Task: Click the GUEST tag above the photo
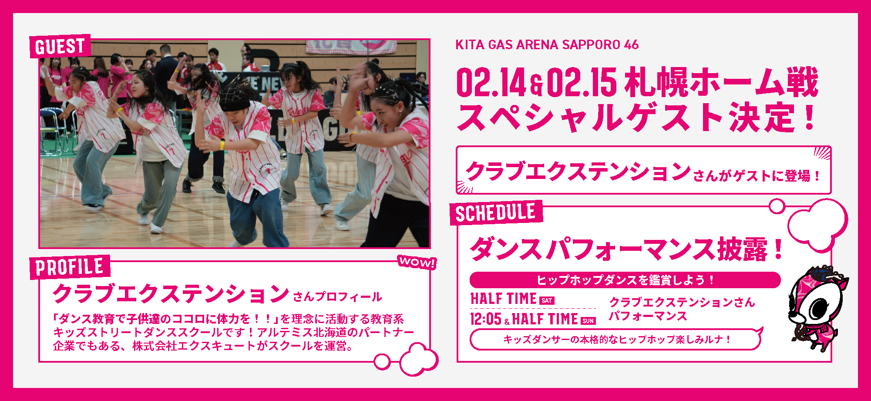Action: (x=60, y=46)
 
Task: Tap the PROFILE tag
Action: (x=70, y=267)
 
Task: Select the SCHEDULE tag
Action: (x=496, y=213)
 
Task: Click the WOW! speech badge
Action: (x=417, y=262)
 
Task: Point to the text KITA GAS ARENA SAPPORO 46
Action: (x=547, y=44)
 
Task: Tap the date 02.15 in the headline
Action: (x=582, y=82)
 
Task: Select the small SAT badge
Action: (x=547, y=300)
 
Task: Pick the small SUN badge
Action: (x=588, y=321)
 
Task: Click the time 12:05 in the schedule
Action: (x=486, y=319)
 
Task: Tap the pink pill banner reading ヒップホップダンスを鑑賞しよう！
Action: (x=625, y=280)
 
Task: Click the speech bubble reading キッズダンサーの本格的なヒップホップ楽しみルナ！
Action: (x=616, y=339)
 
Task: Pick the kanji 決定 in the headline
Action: (x=762, y=117)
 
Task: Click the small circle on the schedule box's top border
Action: (x=777, y=206)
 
